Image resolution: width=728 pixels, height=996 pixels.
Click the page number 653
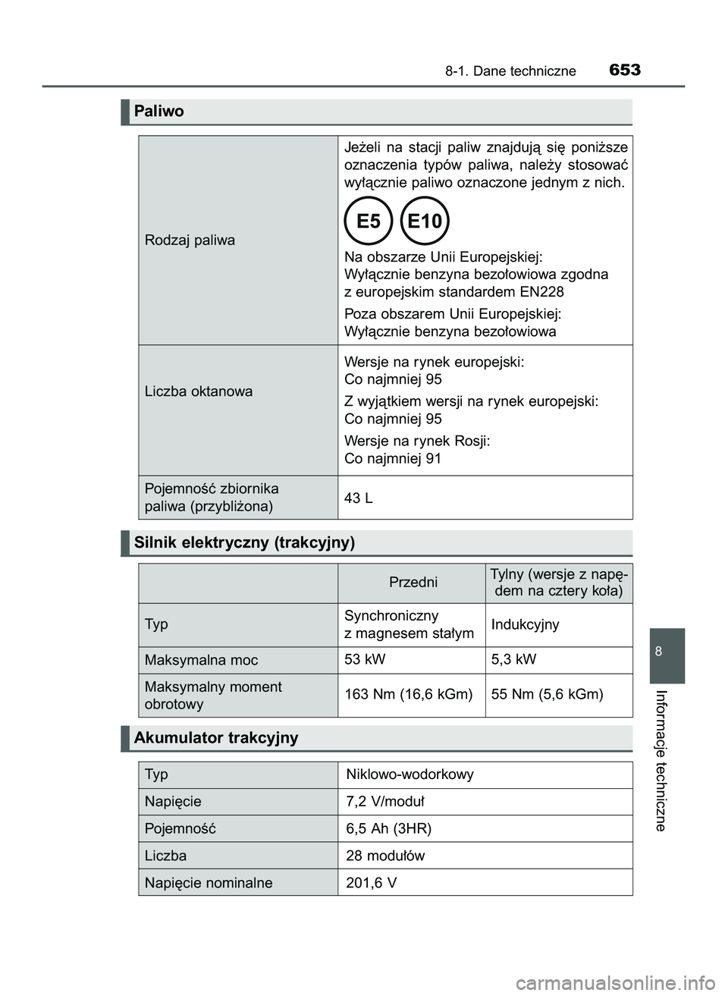coord(624,70)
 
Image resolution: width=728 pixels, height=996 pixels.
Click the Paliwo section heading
coord(159,112)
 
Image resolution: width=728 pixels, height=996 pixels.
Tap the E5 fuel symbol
coord(368,221)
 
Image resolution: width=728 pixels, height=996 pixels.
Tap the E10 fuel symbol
coord(425,221)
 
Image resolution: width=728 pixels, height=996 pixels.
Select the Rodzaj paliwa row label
coord(190,240)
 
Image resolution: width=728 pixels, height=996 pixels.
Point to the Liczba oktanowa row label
coord(199,391)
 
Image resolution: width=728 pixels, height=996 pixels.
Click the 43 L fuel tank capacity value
coord(358,498)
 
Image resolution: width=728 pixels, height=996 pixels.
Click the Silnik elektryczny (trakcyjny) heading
coord(244,542)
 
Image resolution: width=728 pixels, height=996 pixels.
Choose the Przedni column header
coord(413,583)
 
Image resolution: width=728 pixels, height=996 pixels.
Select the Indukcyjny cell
coord(525,624)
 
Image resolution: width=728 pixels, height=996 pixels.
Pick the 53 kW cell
coord(365,659)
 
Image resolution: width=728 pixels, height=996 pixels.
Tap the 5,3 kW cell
coord(513,659)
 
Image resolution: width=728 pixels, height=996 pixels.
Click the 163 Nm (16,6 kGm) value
coord(408,694)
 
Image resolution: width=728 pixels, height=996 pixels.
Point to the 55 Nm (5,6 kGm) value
coord(547,694)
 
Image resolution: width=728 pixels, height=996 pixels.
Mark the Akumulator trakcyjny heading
coord(216,738)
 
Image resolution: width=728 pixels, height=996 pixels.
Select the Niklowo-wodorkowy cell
coord(409,774)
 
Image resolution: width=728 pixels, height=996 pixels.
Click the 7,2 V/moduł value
coord(385,801)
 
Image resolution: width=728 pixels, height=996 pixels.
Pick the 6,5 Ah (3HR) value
coord(388,828)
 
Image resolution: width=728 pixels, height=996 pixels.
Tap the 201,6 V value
coord(371,883)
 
